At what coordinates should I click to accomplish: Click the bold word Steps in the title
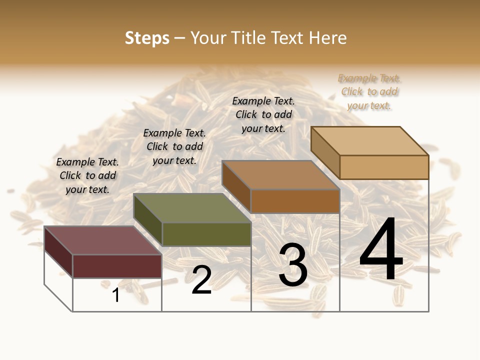[x=147, y=38]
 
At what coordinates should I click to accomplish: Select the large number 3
[x=293, y=265]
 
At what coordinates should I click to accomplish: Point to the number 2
[x=201, y=280]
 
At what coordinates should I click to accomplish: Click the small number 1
[x=116, y=295]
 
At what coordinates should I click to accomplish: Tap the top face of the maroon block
[x=102, y=240]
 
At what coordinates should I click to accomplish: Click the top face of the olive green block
[x=192, y=208]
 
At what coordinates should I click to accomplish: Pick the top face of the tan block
[x=370, y=141]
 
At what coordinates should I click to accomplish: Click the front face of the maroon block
[x=117, y=266]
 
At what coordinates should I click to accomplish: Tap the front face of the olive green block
[x=206, y=234]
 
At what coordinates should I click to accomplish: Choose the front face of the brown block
[x=295, y=201]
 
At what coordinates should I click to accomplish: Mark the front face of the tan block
[x=384, y=167]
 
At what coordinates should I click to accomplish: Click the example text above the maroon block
[x=87, y=175]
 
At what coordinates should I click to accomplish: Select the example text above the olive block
[x=174, y=146]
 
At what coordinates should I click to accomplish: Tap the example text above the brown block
[x=263, y=114]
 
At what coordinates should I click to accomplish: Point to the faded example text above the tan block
[x=369, y=91]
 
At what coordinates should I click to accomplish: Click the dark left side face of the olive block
[x=147, y=220]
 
